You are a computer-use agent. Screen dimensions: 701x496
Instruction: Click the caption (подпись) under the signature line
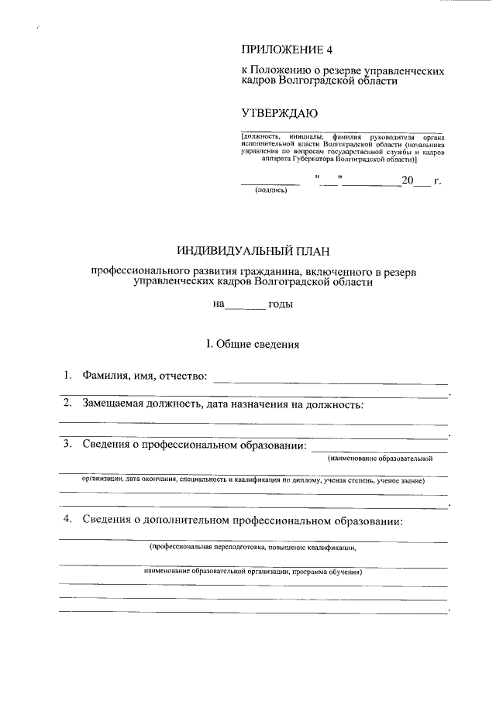(270, 192)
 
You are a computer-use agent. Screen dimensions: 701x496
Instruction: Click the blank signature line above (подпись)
(270, 184)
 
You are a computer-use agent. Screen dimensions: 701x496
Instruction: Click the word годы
(280, 304)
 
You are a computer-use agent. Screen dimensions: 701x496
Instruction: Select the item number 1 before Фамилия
(68, 376)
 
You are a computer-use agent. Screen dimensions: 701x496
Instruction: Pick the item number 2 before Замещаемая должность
(68, 403)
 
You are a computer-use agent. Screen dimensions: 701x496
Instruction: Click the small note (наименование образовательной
(380, 459)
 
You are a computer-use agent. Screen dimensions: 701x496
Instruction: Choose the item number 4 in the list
(68, 518)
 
